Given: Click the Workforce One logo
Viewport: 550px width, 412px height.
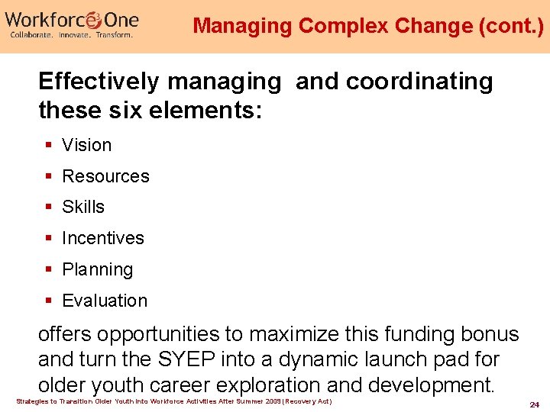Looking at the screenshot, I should (x=73, y=18).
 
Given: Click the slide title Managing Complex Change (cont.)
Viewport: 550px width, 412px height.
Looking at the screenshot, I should (x=368, y=26).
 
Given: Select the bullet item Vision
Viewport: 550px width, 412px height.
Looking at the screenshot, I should (x=86, y=145).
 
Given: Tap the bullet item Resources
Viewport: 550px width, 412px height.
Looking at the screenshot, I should (x=105, y=176).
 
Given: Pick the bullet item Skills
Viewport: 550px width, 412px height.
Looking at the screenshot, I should (x=83, y=207).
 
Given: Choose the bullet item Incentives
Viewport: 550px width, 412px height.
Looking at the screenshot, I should (x=103, y=238).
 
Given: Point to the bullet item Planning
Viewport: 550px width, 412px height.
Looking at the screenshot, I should (x=98, y=269).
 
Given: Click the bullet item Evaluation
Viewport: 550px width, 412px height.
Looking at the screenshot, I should (x=105, y=301).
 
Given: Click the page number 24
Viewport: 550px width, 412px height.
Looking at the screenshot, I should (x=535, y=404).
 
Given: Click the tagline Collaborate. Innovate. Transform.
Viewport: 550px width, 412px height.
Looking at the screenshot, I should (x=71, y=35).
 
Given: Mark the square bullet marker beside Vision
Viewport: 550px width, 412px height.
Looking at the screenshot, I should (x=48, y=145).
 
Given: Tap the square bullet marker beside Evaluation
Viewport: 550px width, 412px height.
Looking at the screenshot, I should (x=48, y=301).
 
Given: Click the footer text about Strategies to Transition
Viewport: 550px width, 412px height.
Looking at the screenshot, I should (x=174, y=401).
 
